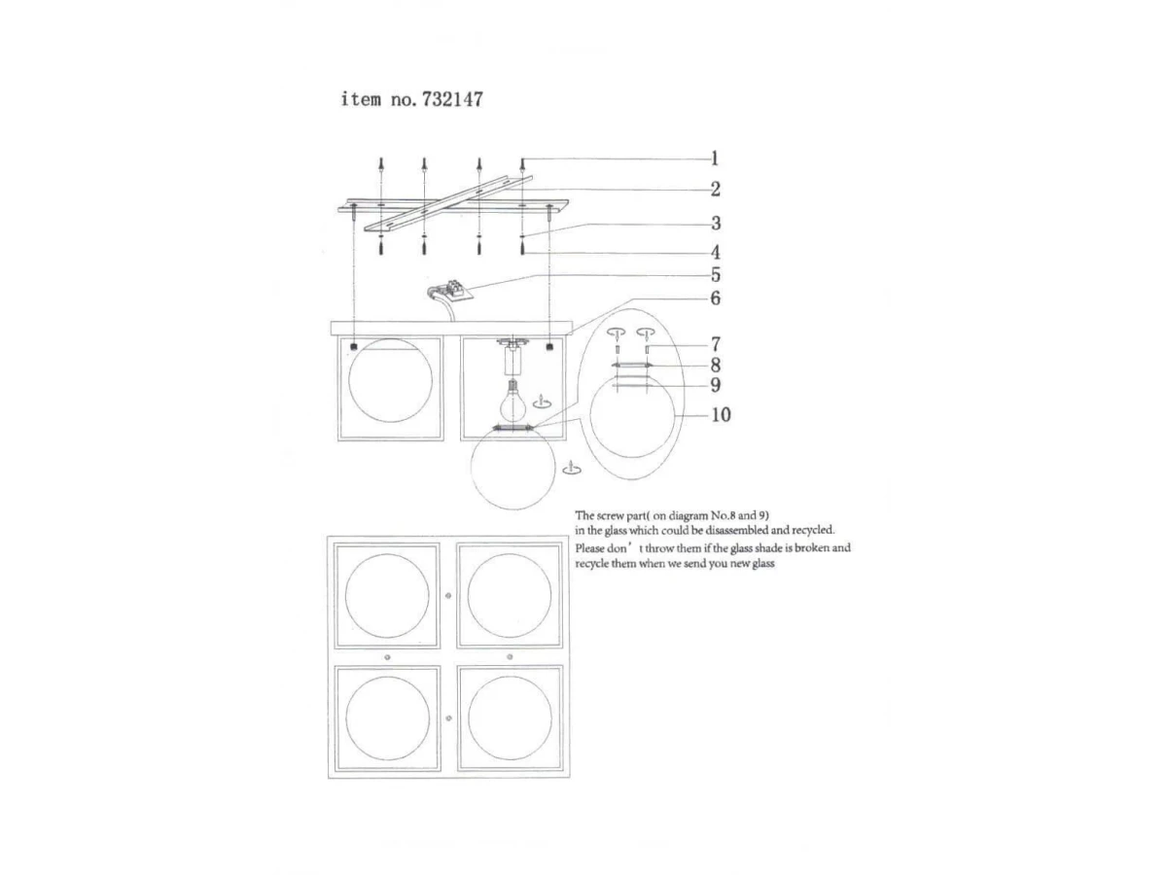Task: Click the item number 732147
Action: (452, 99)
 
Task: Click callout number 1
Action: (715, 158)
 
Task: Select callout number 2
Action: (716, 190)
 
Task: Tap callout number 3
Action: (716, 224)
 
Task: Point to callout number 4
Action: (716, 253)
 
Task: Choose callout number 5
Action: (716, 275)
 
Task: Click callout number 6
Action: (716, 298)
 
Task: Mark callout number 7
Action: (716, 344)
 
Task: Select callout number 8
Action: (716, 365)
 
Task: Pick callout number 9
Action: (716, 385)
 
